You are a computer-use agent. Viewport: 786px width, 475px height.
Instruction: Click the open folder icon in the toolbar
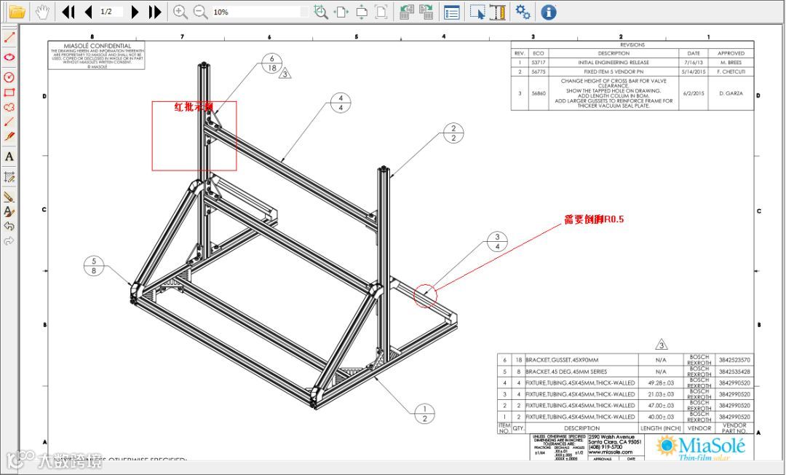pyautogui.click(x=16, y=12)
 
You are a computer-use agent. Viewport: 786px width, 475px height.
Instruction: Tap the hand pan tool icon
pyautogui.click(x=44, y=12)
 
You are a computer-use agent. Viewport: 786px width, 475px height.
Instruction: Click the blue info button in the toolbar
pyautogui.click(x=549, y=12)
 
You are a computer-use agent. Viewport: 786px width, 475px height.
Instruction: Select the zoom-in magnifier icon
pyautogui.click(x=180, y=12)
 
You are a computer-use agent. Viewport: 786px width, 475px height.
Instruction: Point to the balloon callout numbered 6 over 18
pyautogui.click(x=272, y=63)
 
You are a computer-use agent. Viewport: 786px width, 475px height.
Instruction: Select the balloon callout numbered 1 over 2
pyautogui.click(x=424, y=413)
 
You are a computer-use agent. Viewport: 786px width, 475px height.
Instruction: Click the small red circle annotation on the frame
pyautogui.click(x=425, y=295)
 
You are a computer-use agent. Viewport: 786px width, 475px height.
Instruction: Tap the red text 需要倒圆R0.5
pyautogui.click(x=594, y=219)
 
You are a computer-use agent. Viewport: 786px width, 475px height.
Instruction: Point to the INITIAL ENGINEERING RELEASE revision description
pyautogui.click(x=613, y=63)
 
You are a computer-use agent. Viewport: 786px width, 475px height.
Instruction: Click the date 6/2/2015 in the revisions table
pyautogui.click(x=694, y=93)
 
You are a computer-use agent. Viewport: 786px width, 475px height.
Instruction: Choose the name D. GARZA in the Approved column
pyautogui.click(x=731, y=93)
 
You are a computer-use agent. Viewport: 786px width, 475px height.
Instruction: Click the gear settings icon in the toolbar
pyautogui.click(x=523, y=12)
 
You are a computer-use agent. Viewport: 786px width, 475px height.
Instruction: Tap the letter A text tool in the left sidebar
pyautogui.click(x=9, y=157)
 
